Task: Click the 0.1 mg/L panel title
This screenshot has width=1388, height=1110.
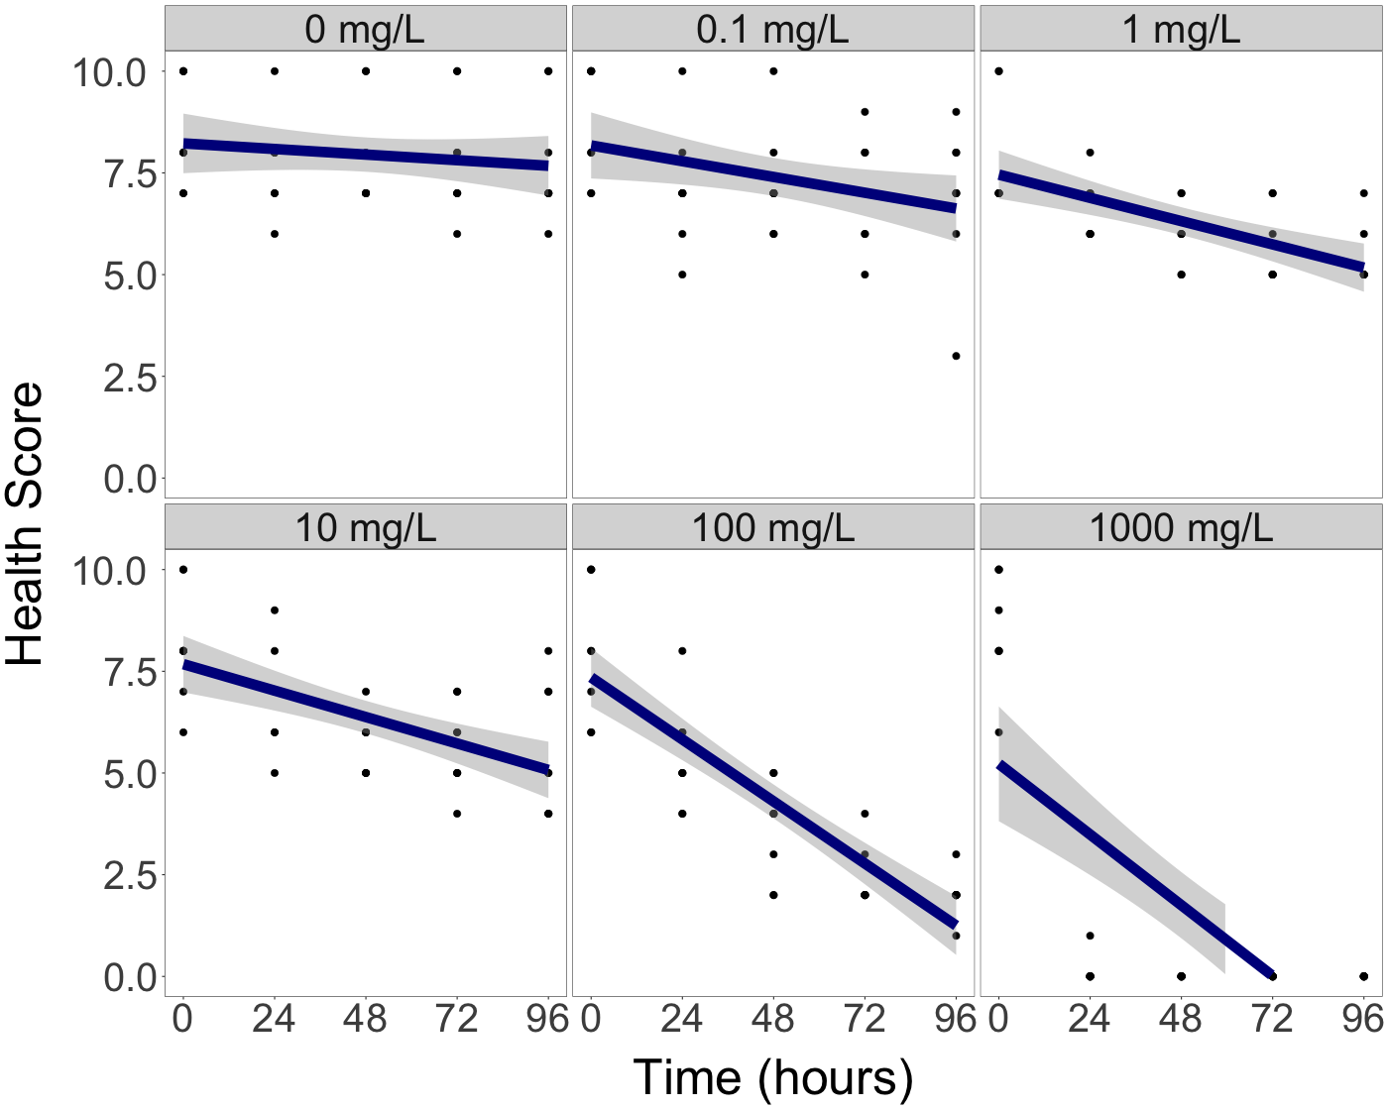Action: tap(772, 30)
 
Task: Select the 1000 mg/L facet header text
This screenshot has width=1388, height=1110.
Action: tap(1181, 527)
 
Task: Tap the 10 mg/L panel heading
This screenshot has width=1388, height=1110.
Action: tap(365, 527)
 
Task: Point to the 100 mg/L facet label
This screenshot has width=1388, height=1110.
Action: tap(772, 527)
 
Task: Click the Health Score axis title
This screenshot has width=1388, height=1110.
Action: tap(26, 524)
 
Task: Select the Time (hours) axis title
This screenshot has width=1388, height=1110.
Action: tap(772, 1077)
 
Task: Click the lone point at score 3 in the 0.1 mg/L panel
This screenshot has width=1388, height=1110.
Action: tap(956, 356)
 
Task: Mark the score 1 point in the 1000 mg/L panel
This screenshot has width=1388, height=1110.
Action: tap(1090, 936)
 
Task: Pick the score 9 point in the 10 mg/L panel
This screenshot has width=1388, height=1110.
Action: tap(275, 610)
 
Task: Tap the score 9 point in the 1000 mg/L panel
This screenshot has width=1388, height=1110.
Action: tap(998, 610)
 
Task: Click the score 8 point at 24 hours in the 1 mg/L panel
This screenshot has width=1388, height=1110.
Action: tap(1090, 153)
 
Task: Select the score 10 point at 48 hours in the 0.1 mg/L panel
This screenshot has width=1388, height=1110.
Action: tap(773, 71)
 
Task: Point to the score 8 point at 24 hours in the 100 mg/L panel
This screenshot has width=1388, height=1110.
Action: tap(682, 651)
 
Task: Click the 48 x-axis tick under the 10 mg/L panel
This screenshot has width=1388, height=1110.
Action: tap(366, 1019)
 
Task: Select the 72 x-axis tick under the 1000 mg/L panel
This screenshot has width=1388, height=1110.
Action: tap(1272, 1019)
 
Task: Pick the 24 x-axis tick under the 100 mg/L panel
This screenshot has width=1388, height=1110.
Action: tap(682, 1019)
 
